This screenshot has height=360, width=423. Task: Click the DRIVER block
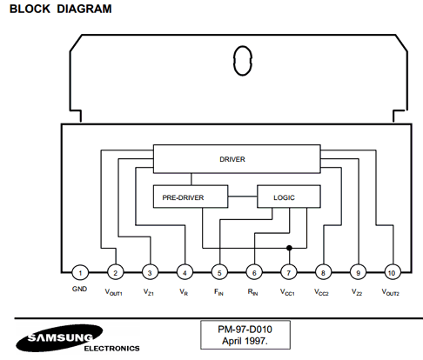[x=237, y=159]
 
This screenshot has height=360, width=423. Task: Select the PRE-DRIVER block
[x=191, y=197]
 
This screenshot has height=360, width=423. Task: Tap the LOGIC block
[x=289, y=197]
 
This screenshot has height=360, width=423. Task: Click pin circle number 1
[x=80, y=273]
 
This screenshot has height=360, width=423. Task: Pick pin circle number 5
[x=219, y=273]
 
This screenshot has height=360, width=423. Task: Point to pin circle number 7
[x=289, y=273]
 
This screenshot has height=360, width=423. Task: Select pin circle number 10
[x=393, y=273]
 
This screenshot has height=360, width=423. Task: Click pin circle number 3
[x=150, y=273]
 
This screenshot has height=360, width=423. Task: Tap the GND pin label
[x=79, y=289]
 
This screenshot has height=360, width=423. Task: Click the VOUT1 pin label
[x=113, y=292]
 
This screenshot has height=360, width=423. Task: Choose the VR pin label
[x=184, y=292]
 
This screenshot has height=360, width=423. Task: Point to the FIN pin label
[x=218, y=292]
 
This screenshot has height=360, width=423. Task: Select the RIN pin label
[x=253, y=292]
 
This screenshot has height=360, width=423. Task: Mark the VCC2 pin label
[x=321, y=292]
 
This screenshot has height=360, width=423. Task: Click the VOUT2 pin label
[x=391, y=292]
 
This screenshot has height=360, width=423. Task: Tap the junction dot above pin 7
[x=289, y=248]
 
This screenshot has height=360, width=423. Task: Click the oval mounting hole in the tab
[x=243, y=61]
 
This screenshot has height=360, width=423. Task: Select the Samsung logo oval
[x=59, y=338]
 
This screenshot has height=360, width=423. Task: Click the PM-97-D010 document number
[x=245, y=330]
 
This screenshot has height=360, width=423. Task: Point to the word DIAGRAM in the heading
[x=84, y=9]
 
